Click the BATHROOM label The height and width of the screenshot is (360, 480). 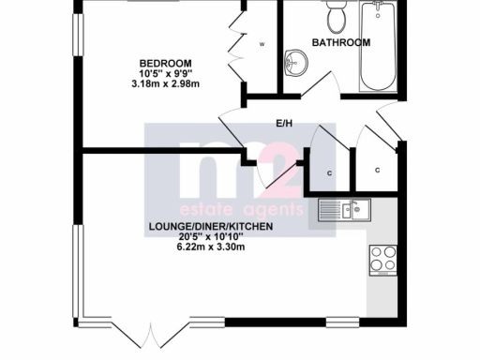click(x=341, y=42)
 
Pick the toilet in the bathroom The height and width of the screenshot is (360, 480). click(x=335, y=17)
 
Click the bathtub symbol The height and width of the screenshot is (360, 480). click(x=379, y=47)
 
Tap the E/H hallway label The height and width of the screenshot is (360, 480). click(x=285, y=123)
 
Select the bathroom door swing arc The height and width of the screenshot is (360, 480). click(x=326, y=89)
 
